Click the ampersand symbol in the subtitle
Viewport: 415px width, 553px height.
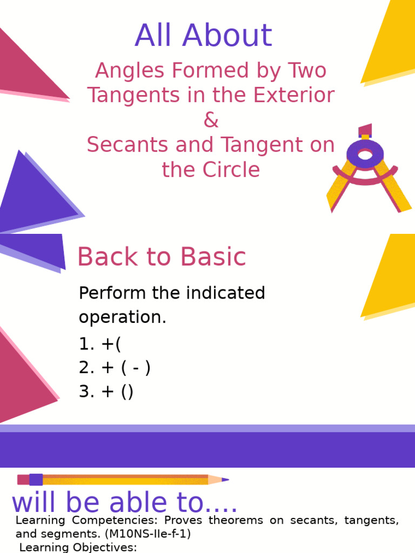click(211, 120)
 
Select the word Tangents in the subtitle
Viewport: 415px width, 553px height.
click(126, 96)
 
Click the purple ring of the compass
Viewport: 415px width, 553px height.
click(365, 155)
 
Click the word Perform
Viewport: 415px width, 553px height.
click(112, 293)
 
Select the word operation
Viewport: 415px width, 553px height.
click(122, 317)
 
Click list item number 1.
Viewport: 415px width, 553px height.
click(100, 343)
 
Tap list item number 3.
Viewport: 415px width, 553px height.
click(106, 392)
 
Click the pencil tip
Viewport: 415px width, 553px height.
click(224, 479)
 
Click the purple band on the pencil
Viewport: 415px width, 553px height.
click(36, 479)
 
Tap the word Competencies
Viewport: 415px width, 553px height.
click(114, 521)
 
